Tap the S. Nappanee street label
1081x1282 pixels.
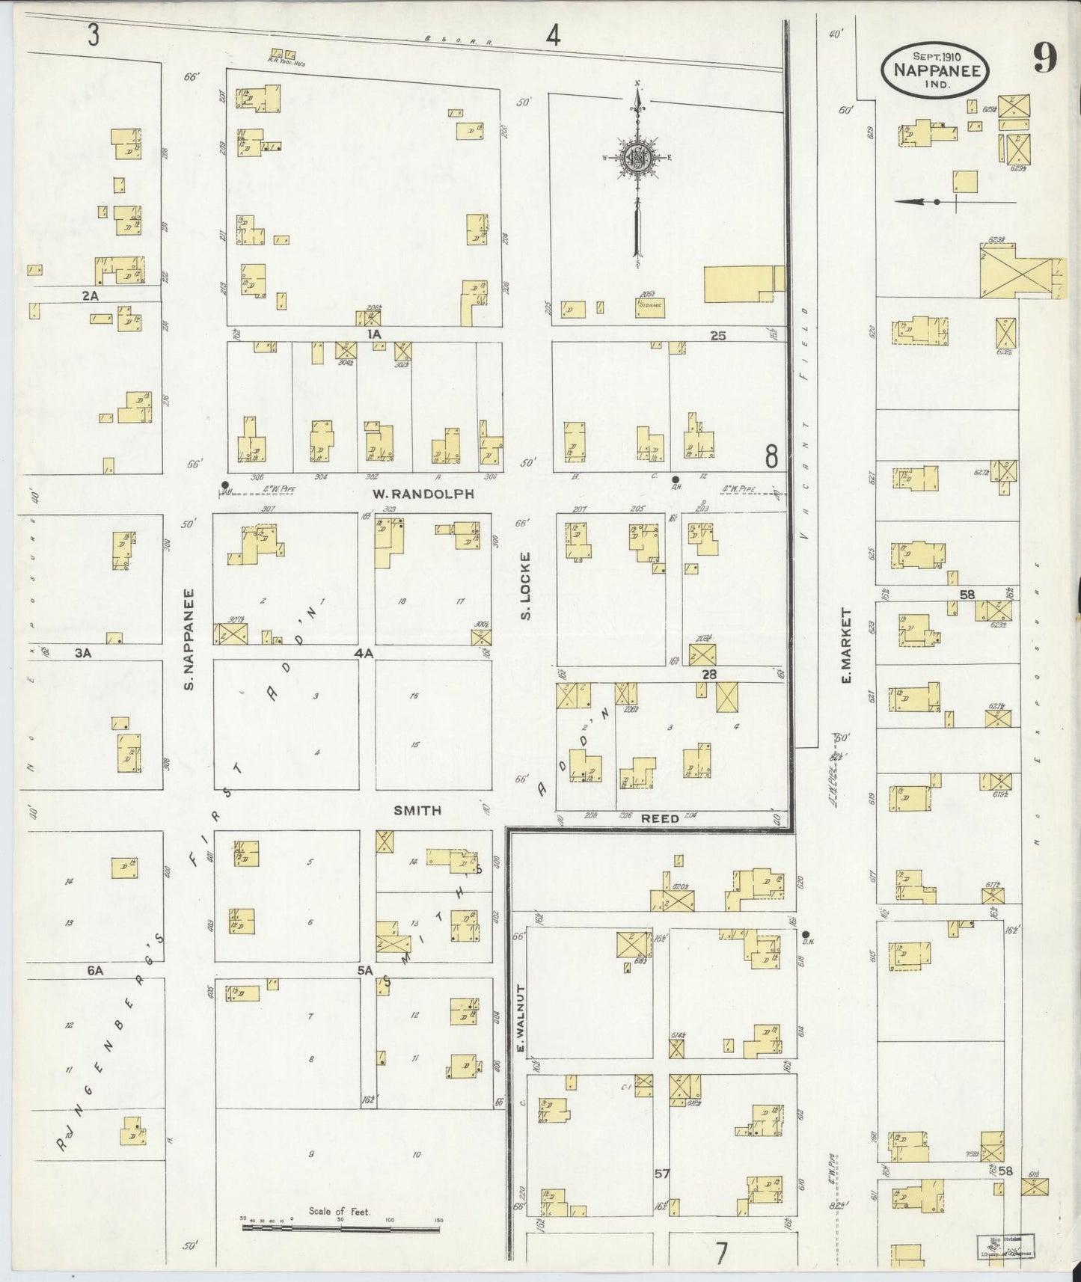pyautogui.click(x=189, y=639)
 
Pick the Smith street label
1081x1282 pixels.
pyautogui.click(x=417, y=810)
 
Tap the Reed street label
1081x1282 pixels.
pyautogui.click(x=660, y=818)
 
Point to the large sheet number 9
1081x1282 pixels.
pyautogui.click(x=1045, y=59)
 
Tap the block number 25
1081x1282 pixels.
pyautogui.click(x=717, y=336)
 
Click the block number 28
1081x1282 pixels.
pyautogui.click(x=709, y=675)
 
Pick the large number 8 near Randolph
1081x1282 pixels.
pyautogui.click(x=771, y=455)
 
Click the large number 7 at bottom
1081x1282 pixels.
pyautogui.click(x=720, y=1253)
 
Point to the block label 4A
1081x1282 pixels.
pyautogui.click(x=364, y=653)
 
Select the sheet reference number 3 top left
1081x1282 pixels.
pyautogui.click(x=93, y=36)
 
